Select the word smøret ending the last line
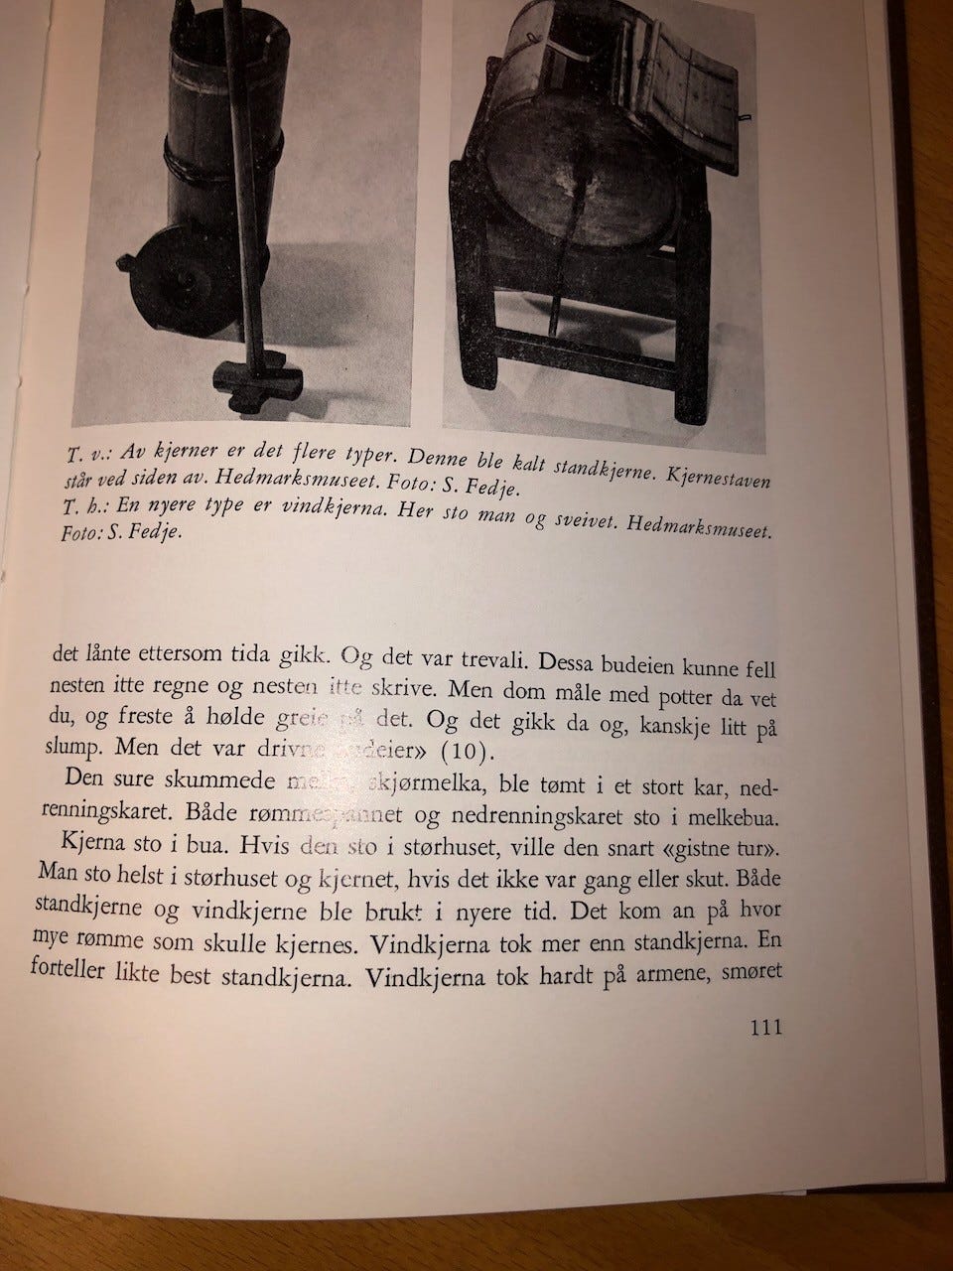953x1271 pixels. point(753,972)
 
